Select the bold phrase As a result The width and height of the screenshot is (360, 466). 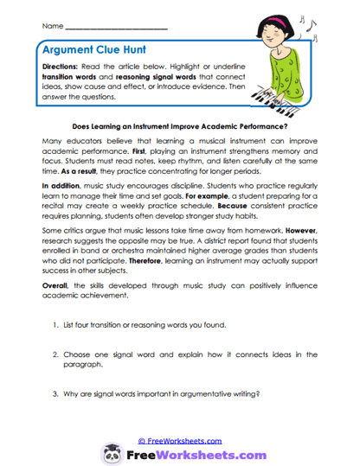coord(76,185)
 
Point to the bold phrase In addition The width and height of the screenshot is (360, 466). coord(59,209)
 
